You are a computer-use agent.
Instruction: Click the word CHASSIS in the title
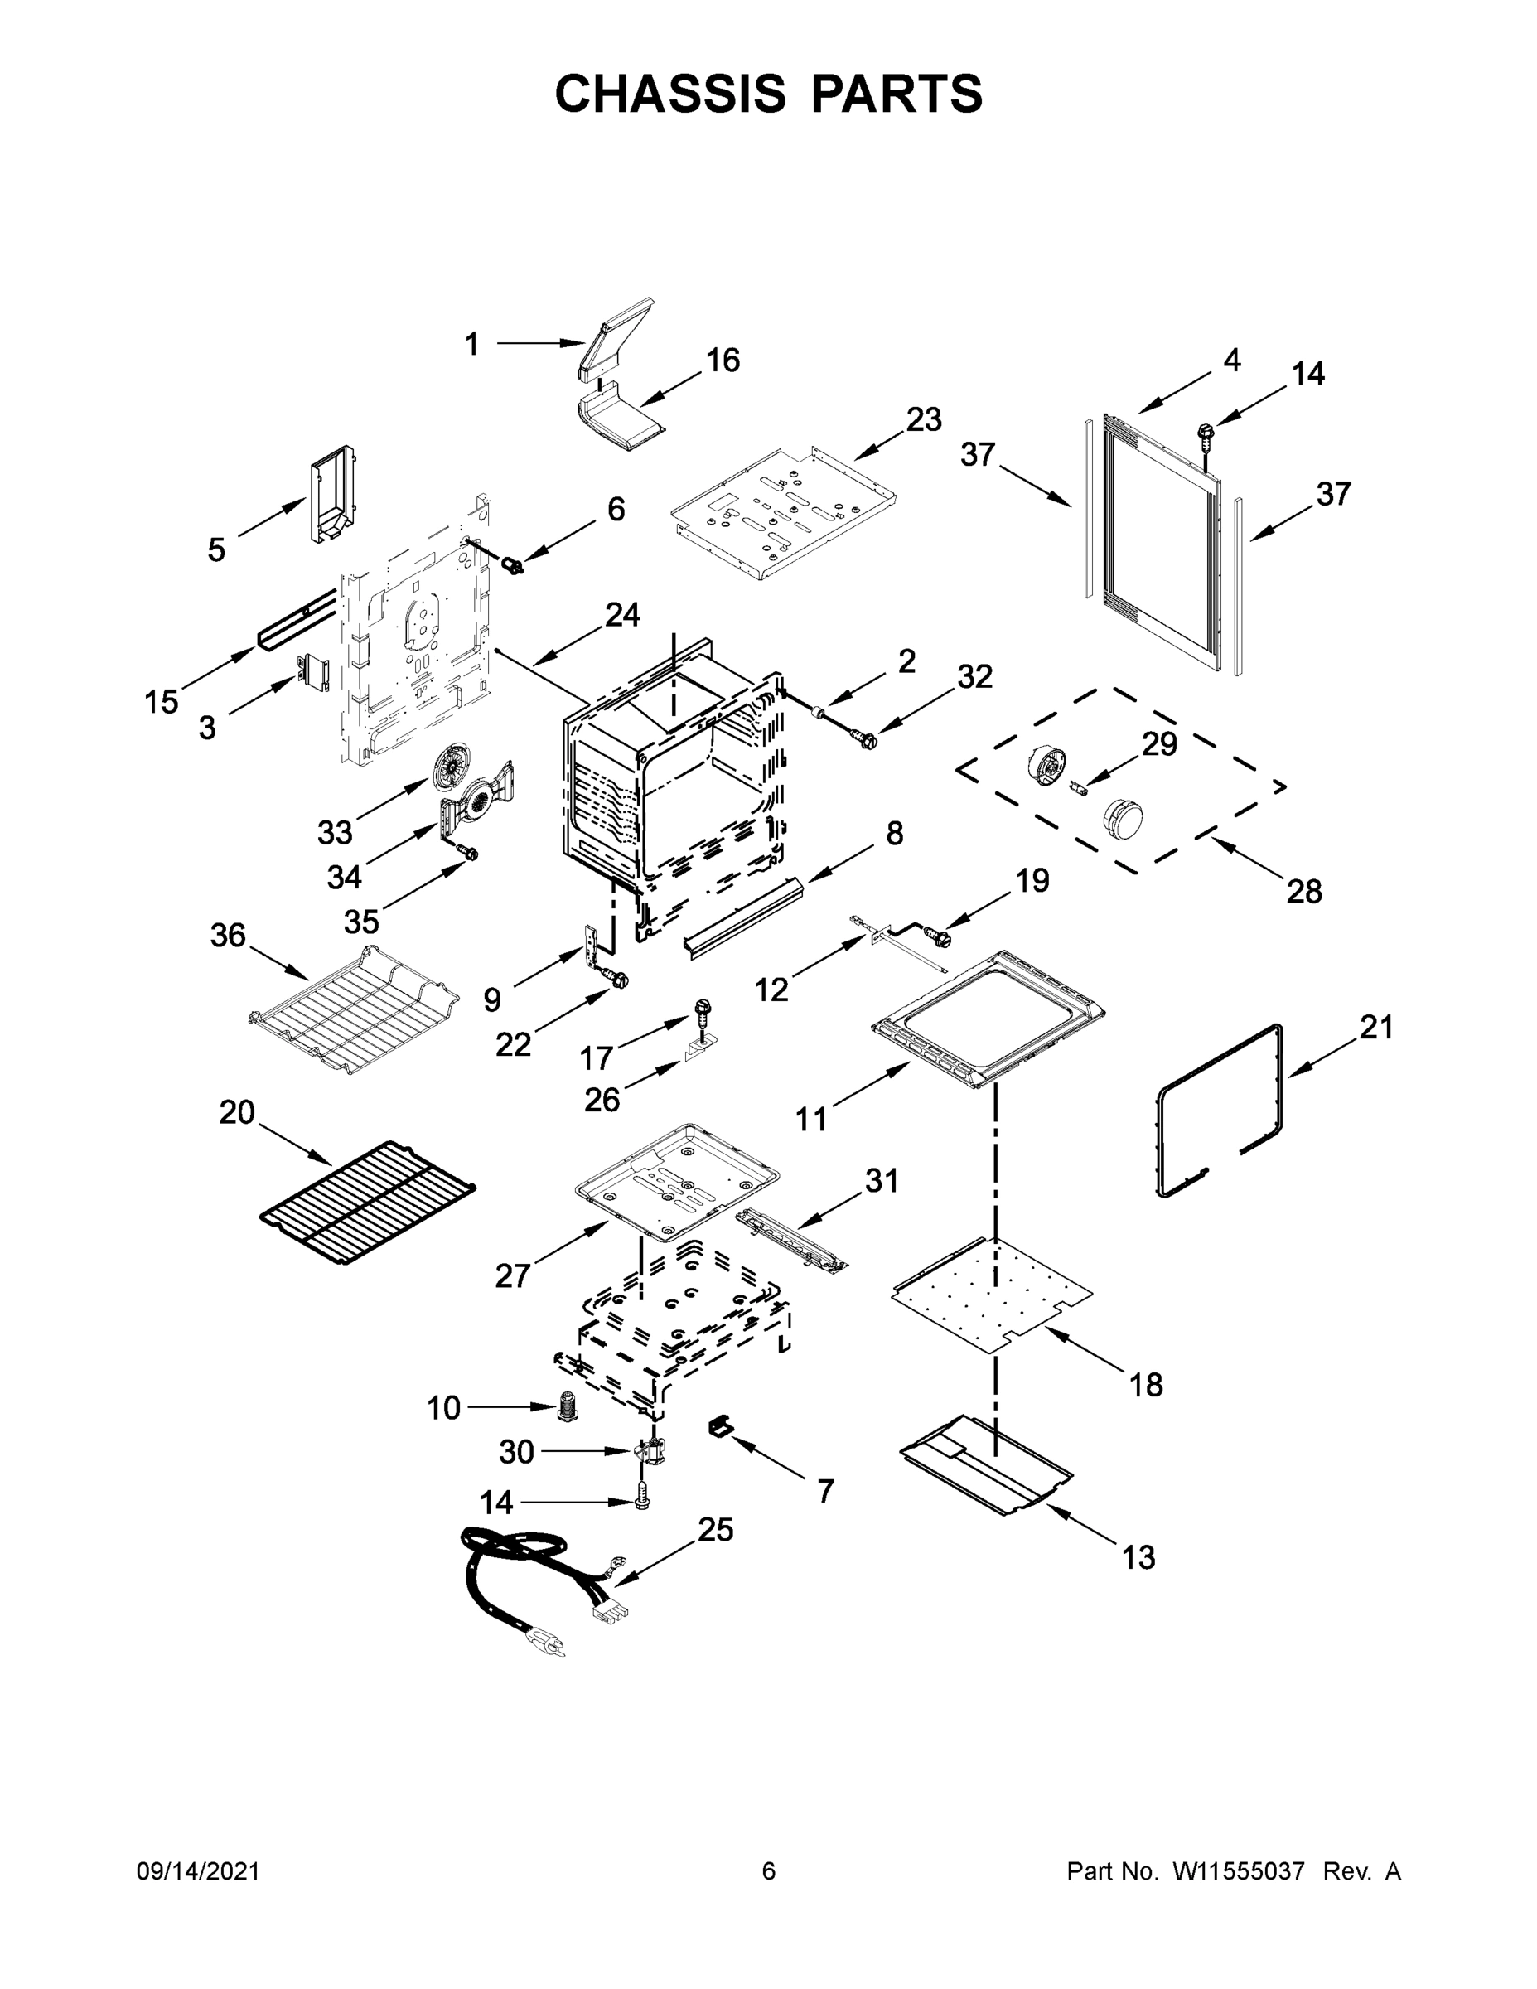(670, 93)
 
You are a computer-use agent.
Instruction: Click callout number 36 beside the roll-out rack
(228, 936)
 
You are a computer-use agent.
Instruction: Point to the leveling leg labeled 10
(568, 1408)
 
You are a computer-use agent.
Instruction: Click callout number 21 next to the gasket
(1375, 1028)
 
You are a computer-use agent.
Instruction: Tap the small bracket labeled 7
(720, 1427)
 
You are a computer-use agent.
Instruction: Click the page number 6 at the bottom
(769, 1871)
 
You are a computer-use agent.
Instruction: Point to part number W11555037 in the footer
(1239, 1871)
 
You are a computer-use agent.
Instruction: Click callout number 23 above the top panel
(923, 420)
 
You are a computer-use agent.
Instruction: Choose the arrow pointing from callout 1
(539, 343)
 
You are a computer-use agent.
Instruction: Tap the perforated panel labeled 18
(993, 1298)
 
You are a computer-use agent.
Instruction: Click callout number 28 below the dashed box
(1304, 891)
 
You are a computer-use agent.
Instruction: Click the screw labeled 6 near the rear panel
(515, 567)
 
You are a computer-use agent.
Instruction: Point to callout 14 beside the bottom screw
(496, 1503)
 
